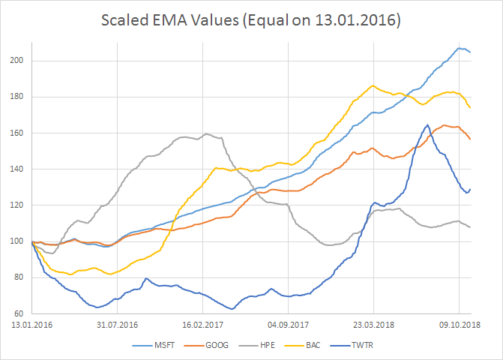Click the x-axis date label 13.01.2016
pos(30,325)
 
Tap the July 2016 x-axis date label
pos(118,325)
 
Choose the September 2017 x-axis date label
pos(289,325)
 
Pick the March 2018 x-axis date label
pos(375,325)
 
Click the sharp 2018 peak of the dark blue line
pos(427,125)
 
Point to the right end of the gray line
pos(470,226)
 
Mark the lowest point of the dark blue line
pos(231,309)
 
